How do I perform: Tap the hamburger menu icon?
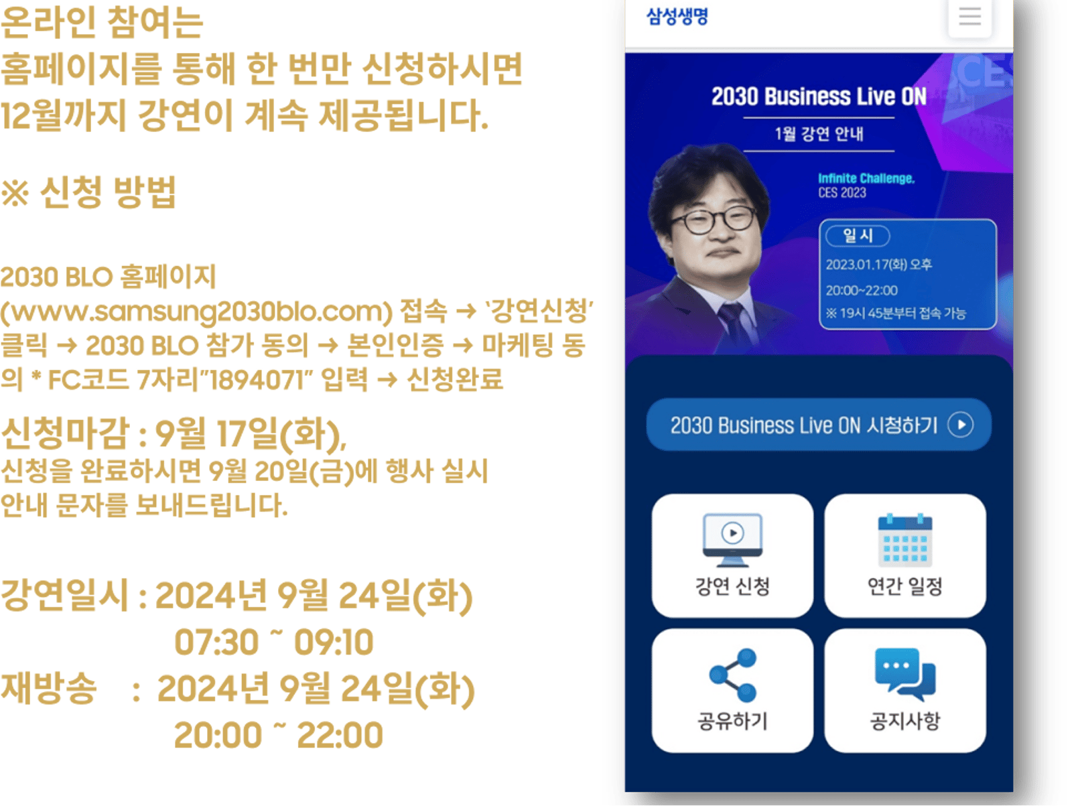[969, 17]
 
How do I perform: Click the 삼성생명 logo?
[677, 17]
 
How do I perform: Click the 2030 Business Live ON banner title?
[818, 96]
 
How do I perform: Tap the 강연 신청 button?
[732, 555]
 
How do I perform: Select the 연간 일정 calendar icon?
[904, 540]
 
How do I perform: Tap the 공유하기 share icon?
[732, 675]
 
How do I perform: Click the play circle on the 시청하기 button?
[959, 424]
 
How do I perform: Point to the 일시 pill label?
[857, 236]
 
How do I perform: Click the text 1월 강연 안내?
[819, 134]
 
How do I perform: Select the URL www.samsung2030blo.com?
[197, 312]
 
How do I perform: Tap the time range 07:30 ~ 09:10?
[273, 641]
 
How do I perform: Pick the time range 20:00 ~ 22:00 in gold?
[278, 734]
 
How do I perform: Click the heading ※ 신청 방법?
[88, 192]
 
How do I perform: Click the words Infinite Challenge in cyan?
[866, 178]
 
